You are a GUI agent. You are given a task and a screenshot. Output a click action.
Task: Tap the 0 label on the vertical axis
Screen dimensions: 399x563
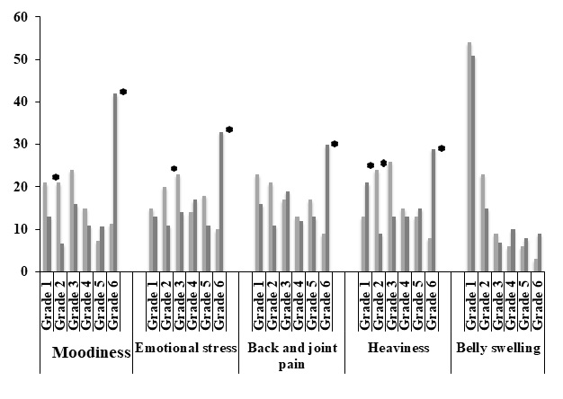25,271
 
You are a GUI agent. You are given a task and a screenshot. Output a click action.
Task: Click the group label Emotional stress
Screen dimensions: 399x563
185,349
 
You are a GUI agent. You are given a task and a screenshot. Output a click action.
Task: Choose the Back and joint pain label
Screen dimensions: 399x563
290,357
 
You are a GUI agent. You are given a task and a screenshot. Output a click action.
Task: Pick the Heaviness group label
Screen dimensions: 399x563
398,349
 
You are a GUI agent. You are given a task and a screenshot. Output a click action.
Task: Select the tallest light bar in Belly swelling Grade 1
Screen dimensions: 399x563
469,157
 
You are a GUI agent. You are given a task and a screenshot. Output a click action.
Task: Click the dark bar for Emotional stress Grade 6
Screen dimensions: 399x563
221,202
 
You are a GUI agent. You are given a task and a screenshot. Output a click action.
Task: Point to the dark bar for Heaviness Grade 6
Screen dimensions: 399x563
433,210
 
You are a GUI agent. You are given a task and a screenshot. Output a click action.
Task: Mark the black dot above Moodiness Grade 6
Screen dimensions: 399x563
123,92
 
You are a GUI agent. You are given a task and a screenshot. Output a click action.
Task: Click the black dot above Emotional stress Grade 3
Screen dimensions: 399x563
174,168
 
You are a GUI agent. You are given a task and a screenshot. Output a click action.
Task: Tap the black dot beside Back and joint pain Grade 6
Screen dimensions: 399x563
335,144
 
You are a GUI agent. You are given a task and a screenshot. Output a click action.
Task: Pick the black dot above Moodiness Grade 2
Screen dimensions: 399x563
56,177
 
